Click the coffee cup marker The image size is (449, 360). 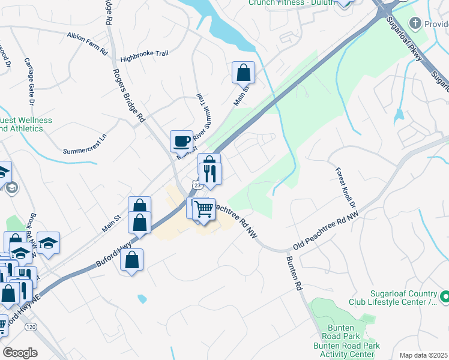coord(181,142)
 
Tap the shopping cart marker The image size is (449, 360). coord(205,209)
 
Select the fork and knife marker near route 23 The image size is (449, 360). coord(211,173)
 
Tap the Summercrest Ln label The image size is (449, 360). coord(85,148)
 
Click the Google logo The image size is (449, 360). coord(20,353)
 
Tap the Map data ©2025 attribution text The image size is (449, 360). coord(423,355)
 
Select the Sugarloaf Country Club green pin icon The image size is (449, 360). coord(445,296)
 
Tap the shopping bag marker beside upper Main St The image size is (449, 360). coord(244,72)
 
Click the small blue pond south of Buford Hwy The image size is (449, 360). coord(142,298)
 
